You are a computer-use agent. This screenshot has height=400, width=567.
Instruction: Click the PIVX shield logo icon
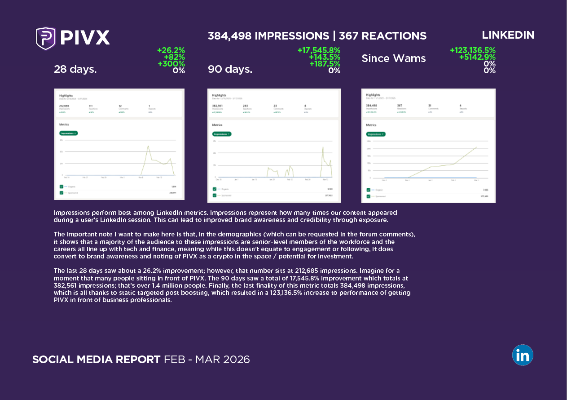pyautogui.click(x=46, y=38)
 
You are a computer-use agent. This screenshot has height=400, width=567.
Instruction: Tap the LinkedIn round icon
pyautogui.click(x=523, y=355)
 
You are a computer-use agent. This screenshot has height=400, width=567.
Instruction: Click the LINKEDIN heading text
pyautogui.click(x=508, y=35)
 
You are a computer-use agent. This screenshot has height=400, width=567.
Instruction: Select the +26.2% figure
pyautogui.click(x=171, y=51)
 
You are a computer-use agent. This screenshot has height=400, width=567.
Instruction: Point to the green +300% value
pyautogui.click(x=171, y=64)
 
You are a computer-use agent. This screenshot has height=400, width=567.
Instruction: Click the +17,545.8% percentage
pyautogui.click(x=319, y=51)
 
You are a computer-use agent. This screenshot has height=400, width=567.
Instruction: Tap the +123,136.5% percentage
pyautogui.click(x=472, y=51)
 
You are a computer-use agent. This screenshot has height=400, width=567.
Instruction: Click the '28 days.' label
pyautogui.click(x=75, y=69)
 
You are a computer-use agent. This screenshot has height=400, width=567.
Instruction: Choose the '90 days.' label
pyautogui.click(x=230, y=69)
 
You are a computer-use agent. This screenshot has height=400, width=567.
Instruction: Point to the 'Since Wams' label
pyautogui.click(x=394, y=58)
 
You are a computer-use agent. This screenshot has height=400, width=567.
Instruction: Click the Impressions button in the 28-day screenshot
pyautogui.click(x=68, y=133)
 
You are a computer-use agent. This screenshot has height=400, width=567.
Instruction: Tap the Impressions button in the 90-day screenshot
pyautogui.click(x=222, y=134)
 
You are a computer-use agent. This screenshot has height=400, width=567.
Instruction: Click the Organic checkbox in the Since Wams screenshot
pyautogui.click(x=369, y=190)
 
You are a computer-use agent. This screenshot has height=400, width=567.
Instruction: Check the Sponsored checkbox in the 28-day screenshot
pyautogui.click(x=62, y=193)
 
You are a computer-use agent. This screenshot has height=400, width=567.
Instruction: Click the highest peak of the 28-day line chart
pyautogui.click(x=148, y=146)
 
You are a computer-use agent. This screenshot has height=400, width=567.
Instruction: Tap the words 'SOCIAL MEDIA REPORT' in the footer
pyautogui.click(x=96, y=360)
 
